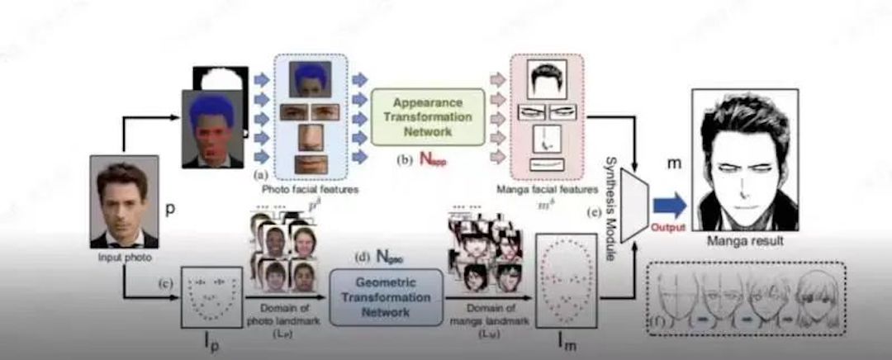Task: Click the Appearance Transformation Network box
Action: [x=427, y=117]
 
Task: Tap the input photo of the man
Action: [x=124, y=201]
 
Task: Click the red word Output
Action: [x=668, y=226]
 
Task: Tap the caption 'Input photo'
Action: [x=123, y=258]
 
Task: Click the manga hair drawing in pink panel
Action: [x=546, y=82]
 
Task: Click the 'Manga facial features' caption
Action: [x=546, y=188]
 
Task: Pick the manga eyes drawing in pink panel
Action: [x=546, y=112]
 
